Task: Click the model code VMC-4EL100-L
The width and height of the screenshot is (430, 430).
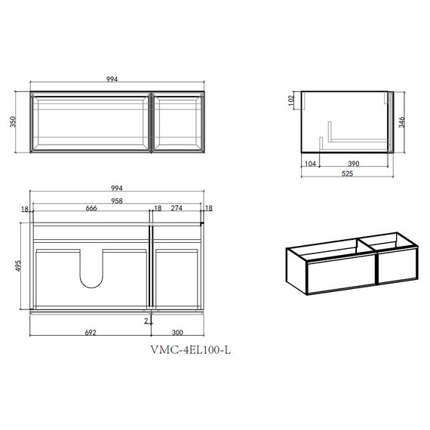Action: pyautogui.click(x=191, y=350)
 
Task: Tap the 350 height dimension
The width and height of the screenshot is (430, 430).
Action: pyautogui.click(x=13, y=121)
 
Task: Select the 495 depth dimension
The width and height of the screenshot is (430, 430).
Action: pyautogui.click(x=18, y=266)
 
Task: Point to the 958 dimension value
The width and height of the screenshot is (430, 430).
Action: pyautogui.click(x=117, y=201)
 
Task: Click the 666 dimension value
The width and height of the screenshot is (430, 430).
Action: pyautogui.click(x=91, y=208)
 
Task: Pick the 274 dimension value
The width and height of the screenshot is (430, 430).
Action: pyautogui.click(x=177, y=208)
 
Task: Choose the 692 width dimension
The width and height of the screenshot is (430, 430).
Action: pyautogui.click(x=91, y=333)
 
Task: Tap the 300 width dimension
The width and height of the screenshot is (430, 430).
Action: pyautogui.click(x=177, y=333)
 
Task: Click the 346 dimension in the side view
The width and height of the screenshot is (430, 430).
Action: pyautogui.click(x=401, y=122)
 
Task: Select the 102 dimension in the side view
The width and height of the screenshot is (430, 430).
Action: pyautogui.click(x=291, y=100)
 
